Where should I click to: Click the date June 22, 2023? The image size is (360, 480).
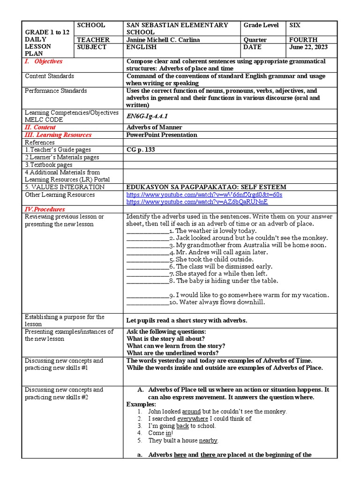click(309, 47)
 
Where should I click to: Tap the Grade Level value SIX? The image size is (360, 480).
click(296, 25)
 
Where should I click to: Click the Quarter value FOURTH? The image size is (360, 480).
click(304, 40)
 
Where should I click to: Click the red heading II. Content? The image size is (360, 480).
click(40, 127)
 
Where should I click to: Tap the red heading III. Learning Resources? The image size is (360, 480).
click(58, 135)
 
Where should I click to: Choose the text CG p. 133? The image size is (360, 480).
click(141, 150)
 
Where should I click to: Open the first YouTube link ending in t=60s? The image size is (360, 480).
click(204, 195)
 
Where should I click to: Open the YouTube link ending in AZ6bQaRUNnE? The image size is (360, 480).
click(197, 202)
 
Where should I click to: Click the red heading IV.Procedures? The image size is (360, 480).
click(45, 209)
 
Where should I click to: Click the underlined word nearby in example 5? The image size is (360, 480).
click(208, 441)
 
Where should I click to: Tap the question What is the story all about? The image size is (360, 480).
click(165, 338)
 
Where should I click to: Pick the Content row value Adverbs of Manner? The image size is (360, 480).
click(154, 127)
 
